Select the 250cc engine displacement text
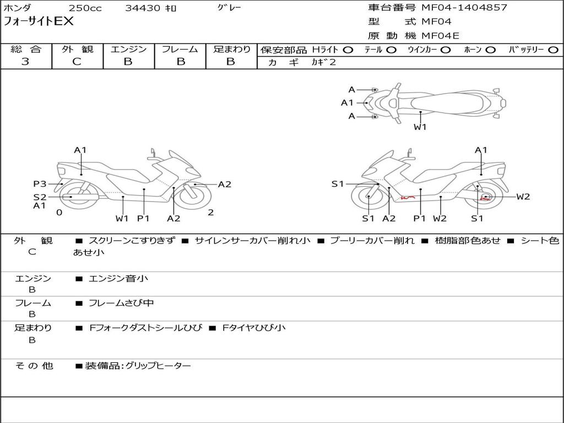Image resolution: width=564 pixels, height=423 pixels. (85, 8)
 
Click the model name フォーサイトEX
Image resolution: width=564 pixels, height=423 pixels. (39, 22)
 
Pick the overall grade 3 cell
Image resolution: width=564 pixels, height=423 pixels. (25, 62)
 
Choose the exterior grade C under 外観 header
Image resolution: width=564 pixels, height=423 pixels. (77, 62)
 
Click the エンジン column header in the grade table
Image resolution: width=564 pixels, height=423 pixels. (128, 50)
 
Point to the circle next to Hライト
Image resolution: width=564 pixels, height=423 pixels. (348, 50)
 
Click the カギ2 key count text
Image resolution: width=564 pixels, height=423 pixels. (323, 62)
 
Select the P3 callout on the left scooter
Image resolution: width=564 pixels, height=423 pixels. (40, 184)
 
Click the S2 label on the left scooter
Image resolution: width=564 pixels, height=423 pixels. (40, 197)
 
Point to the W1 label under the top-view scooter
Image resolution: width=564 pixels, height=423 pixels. (420, 127)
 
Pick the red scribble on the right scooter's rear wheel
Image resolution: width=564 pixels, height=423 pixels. (485, 198)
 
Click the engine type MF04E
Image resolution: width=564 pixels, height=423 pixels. (440, 36)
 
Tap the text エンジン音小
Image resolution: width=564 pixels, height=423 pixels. (118, 279)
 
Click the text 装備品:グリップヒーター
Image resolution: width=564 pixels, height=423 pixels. (138, 366)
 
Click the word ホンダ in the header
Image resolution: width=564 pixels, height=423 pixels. (18, 8)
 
